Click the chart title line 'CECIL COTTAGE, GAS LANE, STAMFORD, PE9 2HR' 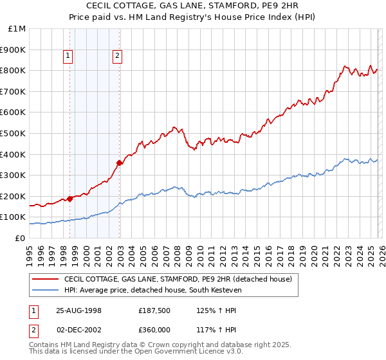click(x=193, y=6)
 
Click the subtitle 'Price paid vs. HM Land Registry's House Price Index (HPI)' click(x=193, y=17)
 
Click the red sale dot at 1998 click(x=70, y=199)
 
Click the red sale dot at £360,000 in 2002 click(x=119, y=163)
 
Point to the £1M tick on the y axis click(x=17, y=29)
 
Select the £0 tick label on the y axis click(x=21, y=238)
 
